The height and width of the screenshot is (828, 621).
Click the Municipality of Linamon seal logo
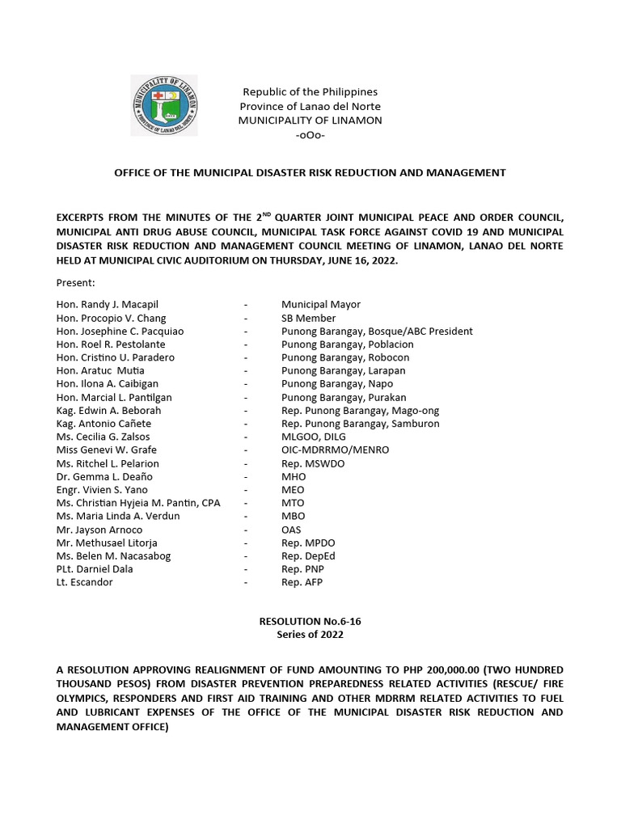(x=164, y=105)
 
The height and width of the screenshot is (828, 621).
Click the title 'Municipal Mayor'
(x=321, y=305)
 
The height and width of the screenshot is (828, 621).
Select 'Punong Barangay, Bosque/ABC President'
(x=377, y=332)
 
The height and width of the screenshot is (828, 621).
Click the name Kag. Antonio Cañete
(x=103, y=424)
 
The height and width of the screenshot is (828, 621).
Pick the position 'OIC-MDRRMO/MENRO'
(x=335, y=450)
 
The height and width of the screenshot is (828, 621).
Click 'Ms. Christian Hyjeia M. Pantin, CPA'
(x=138, y=503)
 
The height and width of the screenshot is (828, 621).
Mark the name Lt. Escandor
(x=86, y=582)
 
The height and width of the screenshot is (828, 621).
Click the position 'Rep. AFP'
(x=302, y=582)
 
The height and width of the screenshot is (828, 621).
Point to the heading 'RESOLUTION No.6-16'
(x=310, y=622)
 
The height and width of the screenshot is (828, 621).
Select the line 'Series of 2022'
(x=310, y=635)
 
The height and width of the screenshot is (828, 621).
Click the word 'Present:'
(x=76, y=283)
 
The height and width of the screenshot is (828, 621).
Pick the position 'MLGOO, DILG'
(x=314, y=437)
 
